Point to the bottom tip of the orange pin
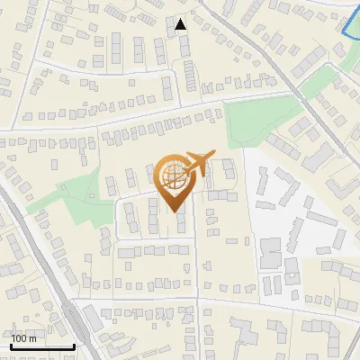tap(175, 211)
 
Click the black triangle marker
tap(181, 24)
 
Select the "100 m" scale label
tap(24, 338)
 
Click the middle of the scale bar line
tap(42, 346)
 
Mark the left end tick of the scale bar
tap(11, 345)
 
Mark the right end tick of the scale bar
tap(74, 345)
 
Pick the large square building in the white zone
tap(271, 251)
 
